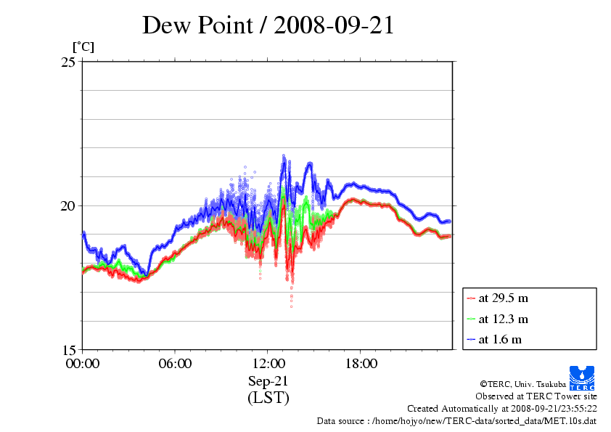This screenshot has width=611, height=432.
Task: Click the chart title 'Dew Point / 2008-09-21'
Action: [x=268, y=25]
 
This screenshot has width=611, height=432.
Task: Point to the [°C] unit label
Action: [x=83, y=47]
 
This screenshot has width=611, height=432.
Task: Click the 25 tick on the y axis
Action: [x=68, y=62]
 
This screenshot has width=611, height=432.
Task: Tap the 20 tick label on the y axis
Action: [x=68, y=205]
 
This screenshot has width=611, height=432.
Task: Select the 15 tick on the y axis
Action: [x=68, y=349]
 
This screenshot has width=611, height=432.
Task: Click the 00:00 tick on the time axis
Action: [x=83, y=363]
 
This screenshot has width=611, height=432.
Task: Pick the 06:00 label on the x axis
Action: [x=175, y=363]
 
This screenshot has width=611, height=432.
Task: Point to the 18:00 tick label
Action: [x=361, y=363]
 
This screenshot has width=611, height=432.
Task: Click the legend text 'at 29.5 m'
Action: [x=503, y=298]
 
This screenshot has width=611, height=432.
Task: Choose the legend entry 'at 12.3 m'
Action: [x=503, y=319]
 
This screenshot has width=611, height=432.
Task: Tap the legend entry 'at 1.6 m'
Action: [x=500, y=339]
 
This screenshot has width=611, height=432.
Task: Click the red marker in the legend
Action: [x=472, y=298]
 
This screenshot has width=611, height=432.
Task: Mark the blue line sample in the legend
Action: [x=472, y=339]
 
